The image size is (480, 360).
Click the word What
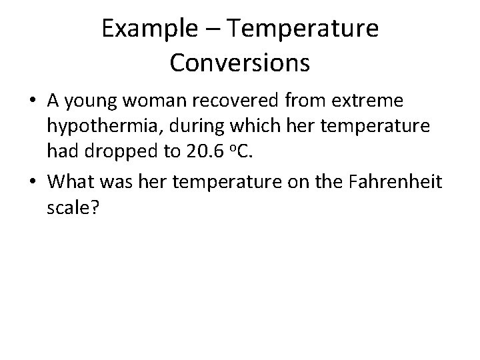click(x=72, y=181)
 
